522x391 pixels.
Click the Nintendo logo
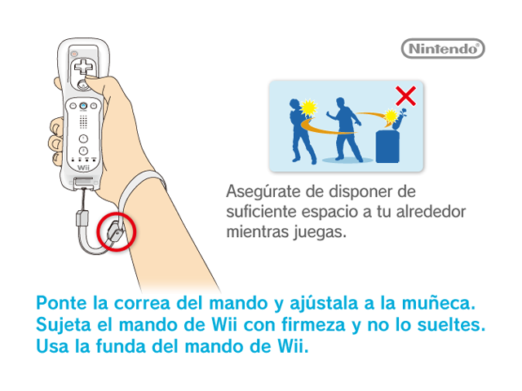click(443, 49)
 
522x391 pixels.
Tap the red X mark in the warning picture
click(405, 96)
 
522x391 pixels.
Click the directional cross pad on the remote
click(83, 66)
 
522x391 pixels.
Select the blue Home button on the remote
click(83, 106)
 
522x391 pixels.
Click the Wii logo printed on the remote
click(83, 168)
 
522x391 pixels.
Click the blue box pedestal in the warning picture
click(387, 147)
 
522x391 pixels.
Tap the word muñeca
click(439, 303)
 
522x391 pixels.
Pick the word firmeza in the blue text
click(313, 324)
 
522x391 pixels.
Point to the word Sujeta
click(64, 325)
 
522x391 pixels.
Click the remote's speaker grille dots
click(83, 122)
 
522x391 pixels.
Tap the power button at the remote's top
click(74, 54)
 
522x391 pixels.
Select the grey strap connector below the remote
click(82, 217)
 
